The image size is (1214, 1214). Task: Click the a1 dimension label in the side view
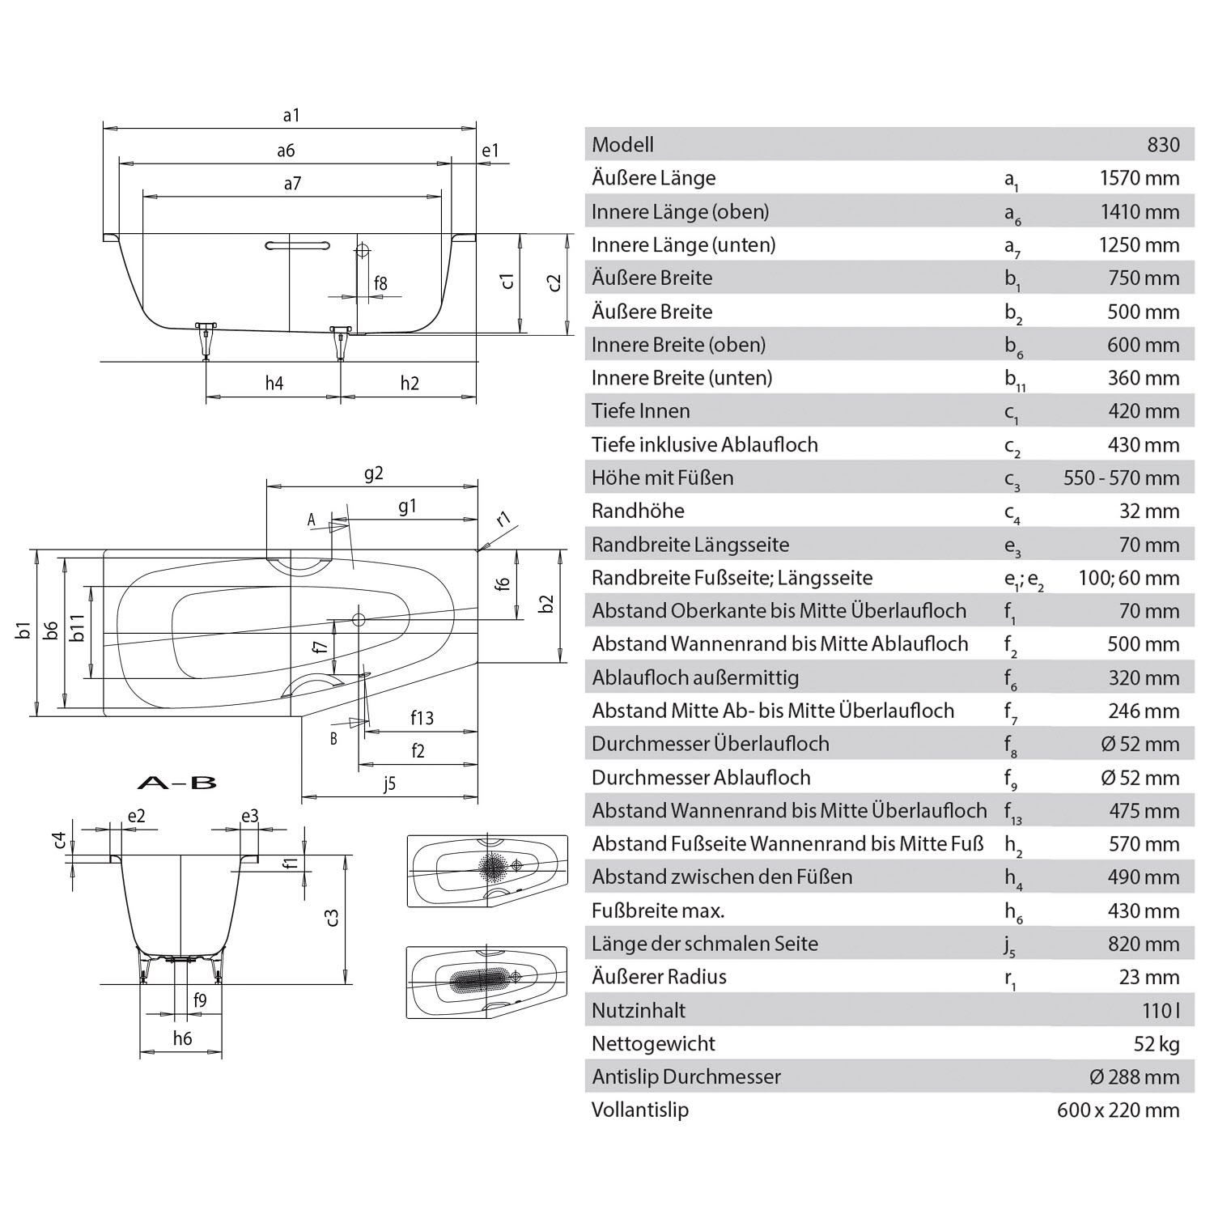(x=291, y=116)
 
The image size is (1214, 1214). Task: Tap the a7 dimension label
(x=292, y=184)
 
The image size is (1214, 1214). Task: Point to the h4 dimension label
(x=274, y=384)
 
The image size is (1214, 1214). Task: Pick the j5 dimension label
(x=389, y=783)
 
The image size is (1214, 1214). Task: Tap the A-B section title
(x=177, y=783)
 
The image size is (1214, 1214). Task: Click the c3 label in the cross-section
(x=330, y=917)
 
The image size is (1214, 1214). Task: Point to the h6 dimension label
(x=182, y=1038)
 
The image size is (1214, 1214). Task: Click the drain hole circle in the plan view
(x=359, y=620)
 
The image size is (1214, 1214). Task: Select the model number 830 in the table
(x=1163, y=145)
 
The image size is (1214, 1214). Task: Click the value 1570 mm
(x=1139, y=178)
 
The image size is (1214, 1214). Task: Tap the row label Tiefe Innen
(x=640, y=411)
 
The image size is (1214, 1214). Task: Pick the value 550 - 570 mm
(x=1121, y=478)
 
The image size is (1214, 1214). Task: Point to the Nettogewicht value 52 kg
(x=1157, y=1044)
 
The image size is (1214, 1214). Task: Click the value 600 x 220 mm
(x=1118, y=1110)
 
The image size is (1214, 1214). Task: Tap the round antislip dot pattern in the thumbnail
(x=491, y=867)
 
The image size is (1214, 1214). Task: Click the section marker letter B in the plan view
(x=333, y=738)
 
